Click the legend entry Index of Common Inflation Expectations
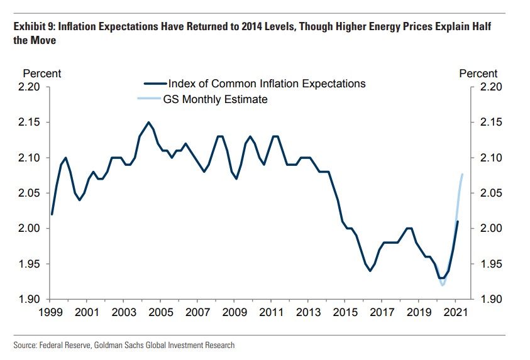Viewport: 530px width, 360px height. coord(267,84)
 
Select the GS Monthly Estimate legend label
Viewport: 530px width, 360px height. coord(216,99)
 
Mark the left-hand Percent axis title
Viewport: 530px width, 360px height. coord(42,74)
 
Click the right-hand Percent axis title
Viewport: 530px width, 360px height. coord(478,74)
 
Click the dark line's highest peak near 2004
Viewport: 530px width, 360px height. coord(148,123)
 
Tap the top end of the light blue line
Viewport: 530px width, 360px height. coord(463,174)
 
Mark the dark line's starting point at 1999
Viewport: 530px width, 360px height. coord(52,214)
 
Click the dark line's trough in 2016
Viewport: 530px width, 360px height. coord(370,271)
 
